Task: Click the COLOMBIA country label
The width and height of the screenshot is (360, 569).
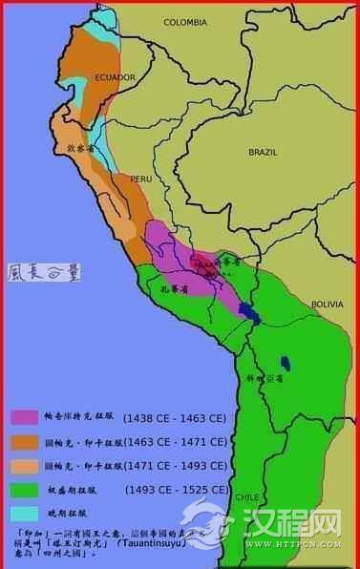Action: point(186,21)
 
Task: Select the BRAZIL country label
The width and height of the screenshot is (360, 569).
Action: point(261,152)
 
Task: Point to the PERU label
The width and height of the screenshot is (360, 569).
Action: point(141,179)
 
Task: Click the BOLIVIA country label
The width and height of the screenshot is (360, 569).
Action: point(328,305)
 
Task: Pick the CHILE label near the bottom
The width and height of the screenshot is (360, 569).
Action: point(247,497)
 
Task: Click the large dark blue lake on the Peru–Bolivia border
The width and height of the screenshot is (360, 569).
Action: point(249,311)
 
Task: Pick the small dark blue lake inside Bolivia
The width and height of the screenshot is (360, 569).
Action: point(286,363)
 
